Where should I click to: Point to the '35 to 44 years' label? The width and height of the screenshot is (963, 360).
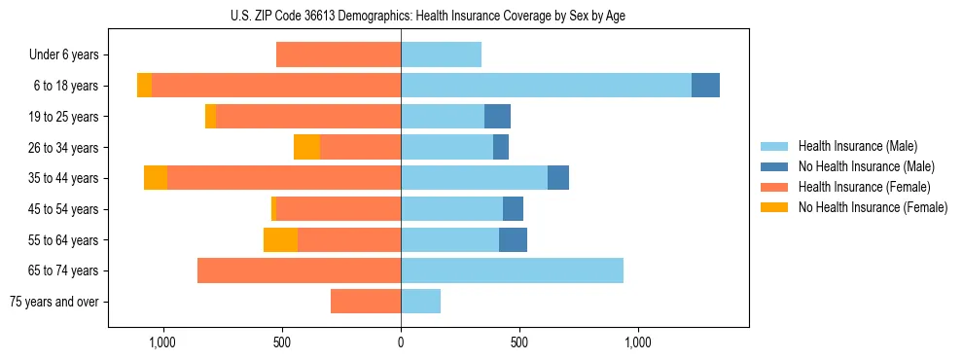click(x=63, y=178)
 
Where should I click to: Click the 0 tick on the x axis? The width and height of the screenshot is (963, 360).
click(x=401, y=342)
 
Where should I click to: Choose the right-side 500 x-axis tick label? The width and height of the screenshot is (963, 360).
click(x=519, y=342)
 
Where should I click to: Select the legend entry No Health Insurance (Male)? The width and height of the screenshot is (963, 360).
click(x=861, y=166)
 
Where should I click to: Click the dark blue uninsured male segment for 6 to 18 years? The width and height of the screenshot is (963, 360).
click(x=705, y=86)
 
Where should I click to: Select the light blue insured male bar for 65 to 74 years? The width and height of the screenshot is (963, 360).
click(x=512, y=270)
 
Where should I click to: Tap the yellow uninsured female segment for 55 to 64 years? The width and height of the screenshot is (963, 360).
click(x=280, y=239)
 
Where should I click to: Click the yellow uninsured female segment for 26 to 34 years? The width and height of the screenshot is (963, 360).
click(x=306, y=147)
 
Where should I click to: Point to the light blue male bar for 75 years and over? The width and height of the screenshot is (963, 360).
click(x=420, y=302)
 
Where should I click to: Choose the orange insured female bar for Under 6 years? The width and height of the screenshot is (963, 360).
click(x=339, y=54)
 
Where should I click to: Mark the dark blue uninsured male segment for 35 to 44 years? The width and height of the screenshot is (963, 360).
click(x=558, y=178)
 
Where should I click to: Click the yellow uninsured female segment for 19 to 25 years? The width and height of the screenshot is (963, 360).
click(x=210, y=117)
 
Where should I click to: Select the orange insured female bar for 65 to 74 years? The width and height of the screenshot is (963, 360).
click(x=299, y=270)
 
